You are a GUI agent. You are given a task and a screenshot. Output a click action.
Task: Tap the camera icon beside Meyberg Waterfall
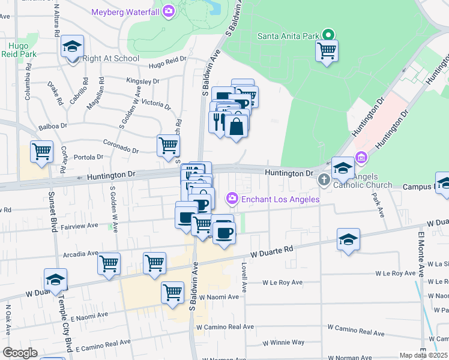(x=169, y=11)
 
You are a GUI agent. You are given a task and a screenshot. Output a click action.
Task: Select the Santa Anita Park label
(x=288, y=36)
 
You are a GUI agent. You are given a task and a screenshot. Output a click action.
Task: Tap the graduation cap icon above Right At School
(x=72, y=46)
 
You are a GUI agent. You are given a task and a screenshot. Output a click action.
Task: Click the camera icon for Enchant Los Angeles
(x=232, y=198)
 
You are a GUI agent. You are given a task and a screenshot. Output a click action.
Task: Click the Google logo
(x=20, y=353)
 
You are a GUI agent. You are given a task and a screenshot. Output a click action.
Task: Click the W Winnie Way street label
(x=284, y=343)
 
